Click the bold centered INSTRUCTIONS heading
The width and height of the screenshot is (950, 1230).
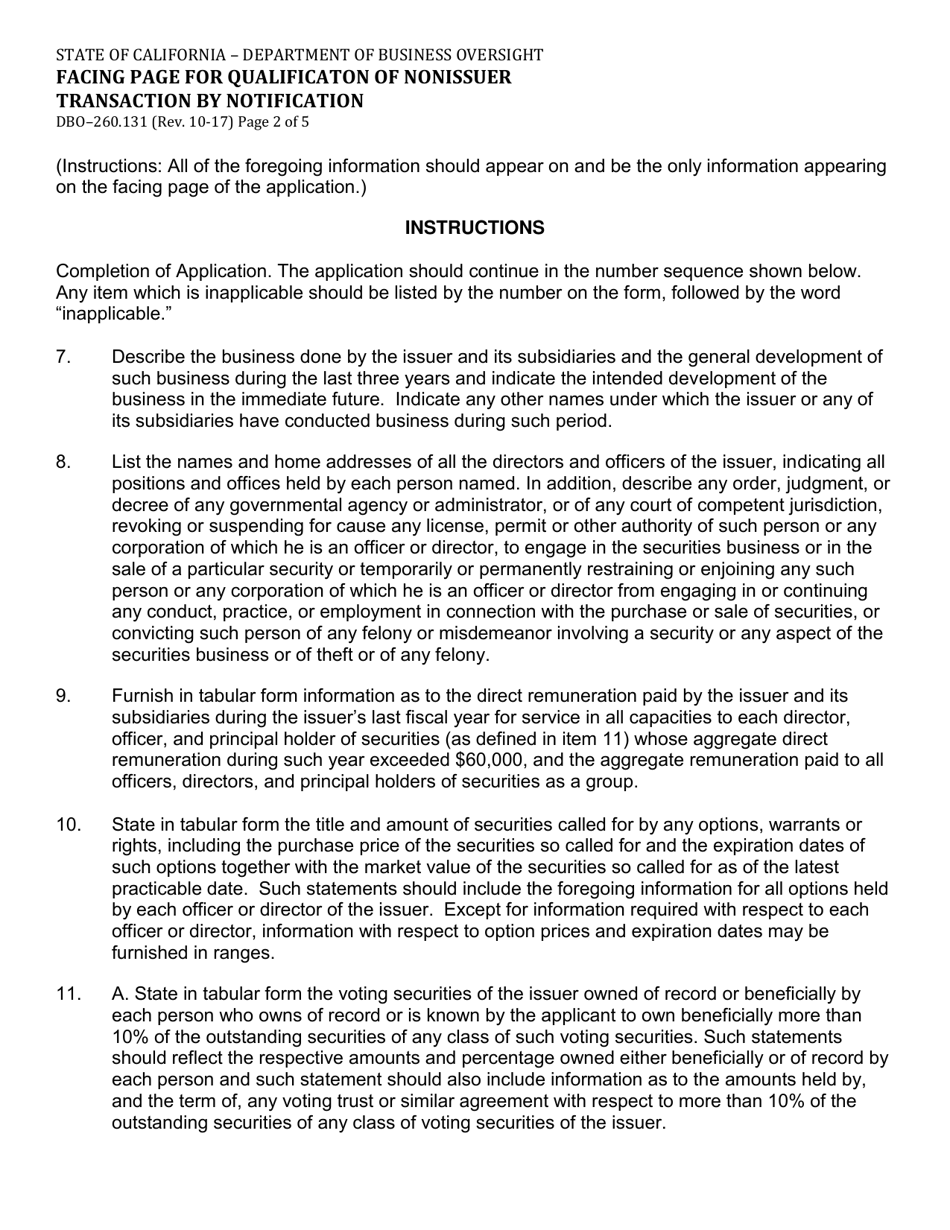tap(474, 228)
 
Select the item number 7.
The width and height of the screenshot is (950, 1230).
tap(63, 357)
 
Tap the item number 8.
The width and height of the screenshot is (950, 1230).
tap(63, 462)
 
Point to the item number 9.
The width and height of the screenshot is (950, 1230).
tap(63, 696)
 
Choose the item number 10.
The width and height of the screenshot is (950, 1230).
tap(68, 824)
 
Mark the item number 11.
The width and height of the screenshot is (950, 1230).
tap(68, 994)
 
